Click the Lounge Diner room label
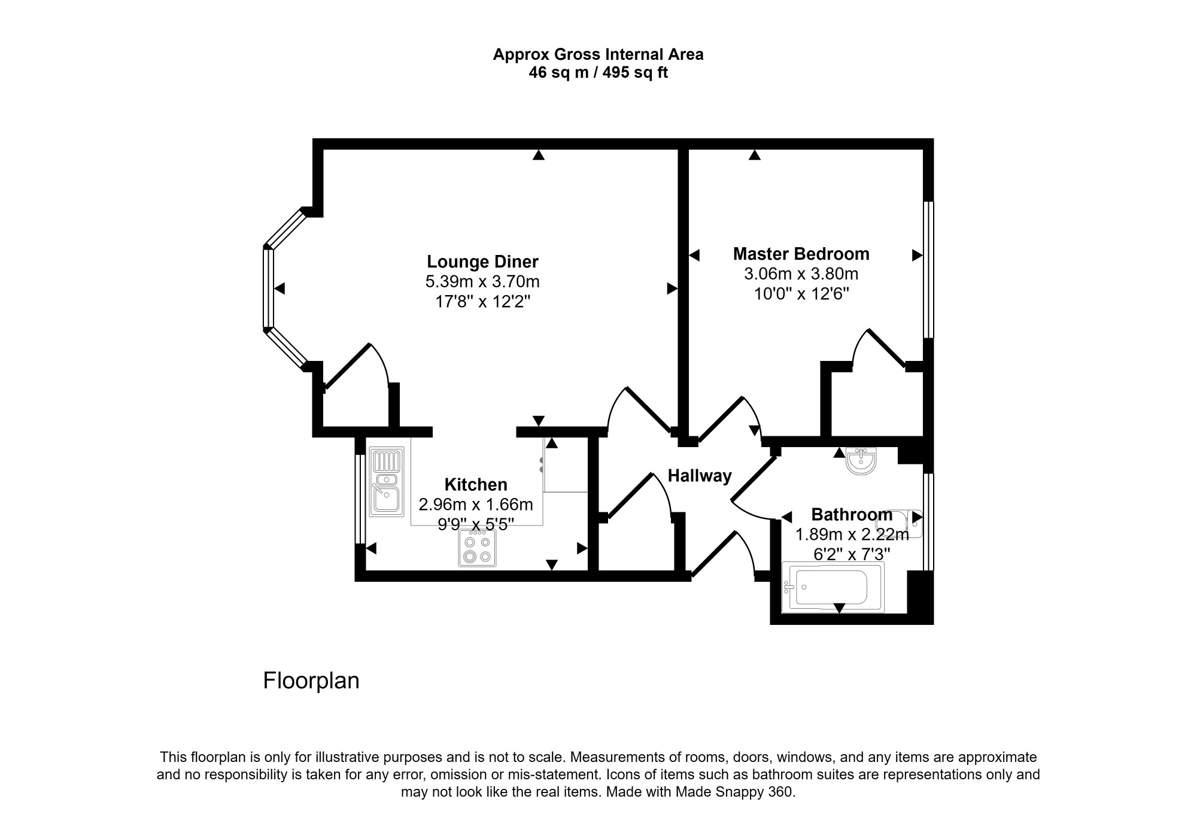point(482,262)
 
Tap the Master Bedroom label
point(801,254)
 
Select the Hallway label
point(700,476)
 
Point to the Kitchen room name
point(476,484)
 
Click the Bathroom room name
point(852,514)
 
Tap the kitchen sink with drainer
point(387,482)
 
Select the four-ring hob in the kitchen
point(477,548)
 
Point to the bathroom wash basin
point(861,461)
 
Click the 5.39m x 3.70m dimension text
point(482,281)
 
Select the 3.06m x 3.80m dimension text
point(801,274)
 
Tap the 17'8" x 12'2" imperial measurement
point(482,301)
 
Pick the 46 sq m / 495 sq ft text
point(598,73)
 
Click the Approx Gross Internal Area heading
point(598,54)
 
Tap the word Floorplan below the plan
point(311,681)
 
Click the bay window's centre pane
point(268,288)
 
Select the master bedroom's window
point(928,270)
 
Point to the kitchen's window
point(360,499)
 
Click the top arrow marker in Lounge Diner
point(539,155)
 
